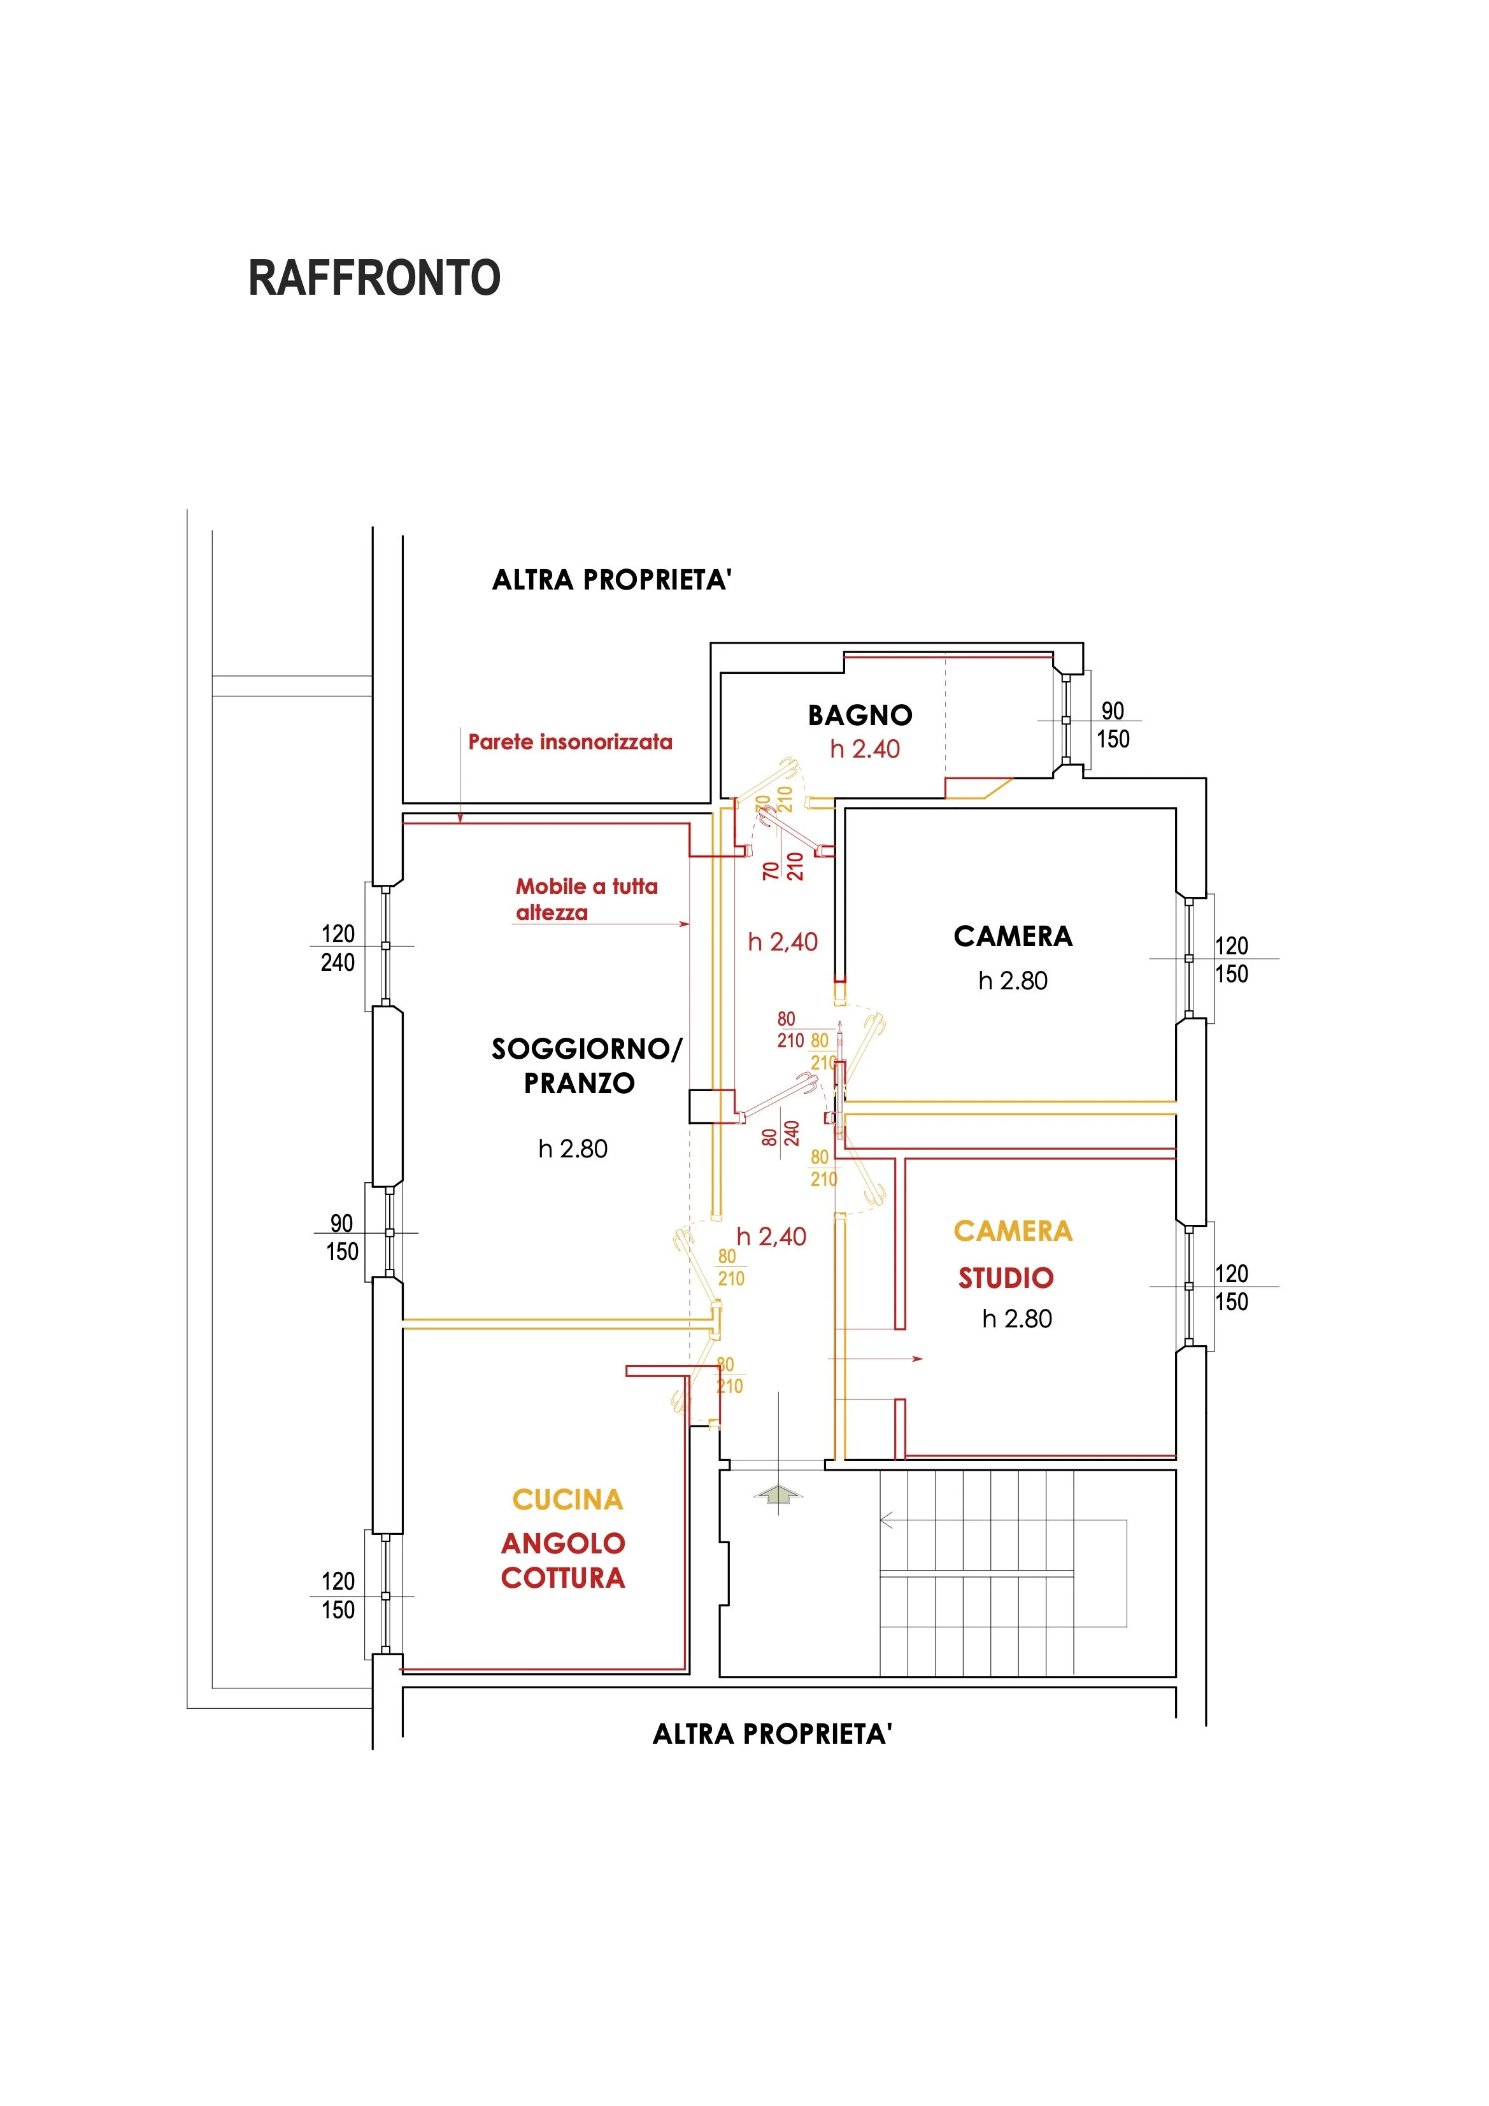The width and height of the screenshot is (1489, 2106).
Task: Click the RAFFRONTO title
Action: coord(374,278)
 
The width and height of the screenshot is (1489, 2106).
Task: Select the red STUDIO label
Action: coord(1006,1278)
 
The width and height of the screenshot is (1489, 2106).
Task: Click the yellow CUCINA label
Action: coord(567,1500)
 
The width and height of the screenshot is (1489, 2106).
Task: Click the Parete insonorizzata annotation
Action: coord(570,742)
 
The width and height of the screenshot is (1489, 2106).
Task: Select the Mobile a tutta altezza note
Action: coord(587,899)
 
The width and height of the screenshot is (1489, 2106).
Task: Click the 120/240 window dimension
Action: coord(338,947)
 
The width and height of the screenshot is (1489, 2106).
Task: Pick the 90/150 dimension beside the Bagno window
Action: coord(1113,724)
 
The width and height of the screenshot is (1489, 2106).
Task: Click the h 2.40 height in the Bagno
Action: coord(864,749)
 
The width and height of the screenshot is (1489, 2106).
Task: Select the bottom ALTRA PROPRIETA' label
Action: coord(771,1734)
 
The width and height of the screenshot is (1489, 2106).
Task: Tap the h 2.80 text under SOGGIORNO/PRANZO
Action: coord(573,1148)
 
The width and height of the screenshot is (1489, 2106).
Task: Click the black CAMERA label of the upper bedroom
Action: coord(1013,936)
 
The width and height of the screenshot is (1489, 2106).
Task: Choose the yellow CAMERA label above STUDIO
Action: coord(1013,1231)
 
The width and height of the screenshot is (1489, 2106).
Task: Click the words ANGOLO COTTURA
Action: coord(562,1560)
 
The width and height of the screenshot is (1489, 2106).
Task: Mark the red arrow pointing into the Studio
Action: coord(876,1359)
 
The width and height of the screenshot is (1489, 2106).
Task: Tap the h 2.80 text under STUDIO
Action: coord(1016,1319)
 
